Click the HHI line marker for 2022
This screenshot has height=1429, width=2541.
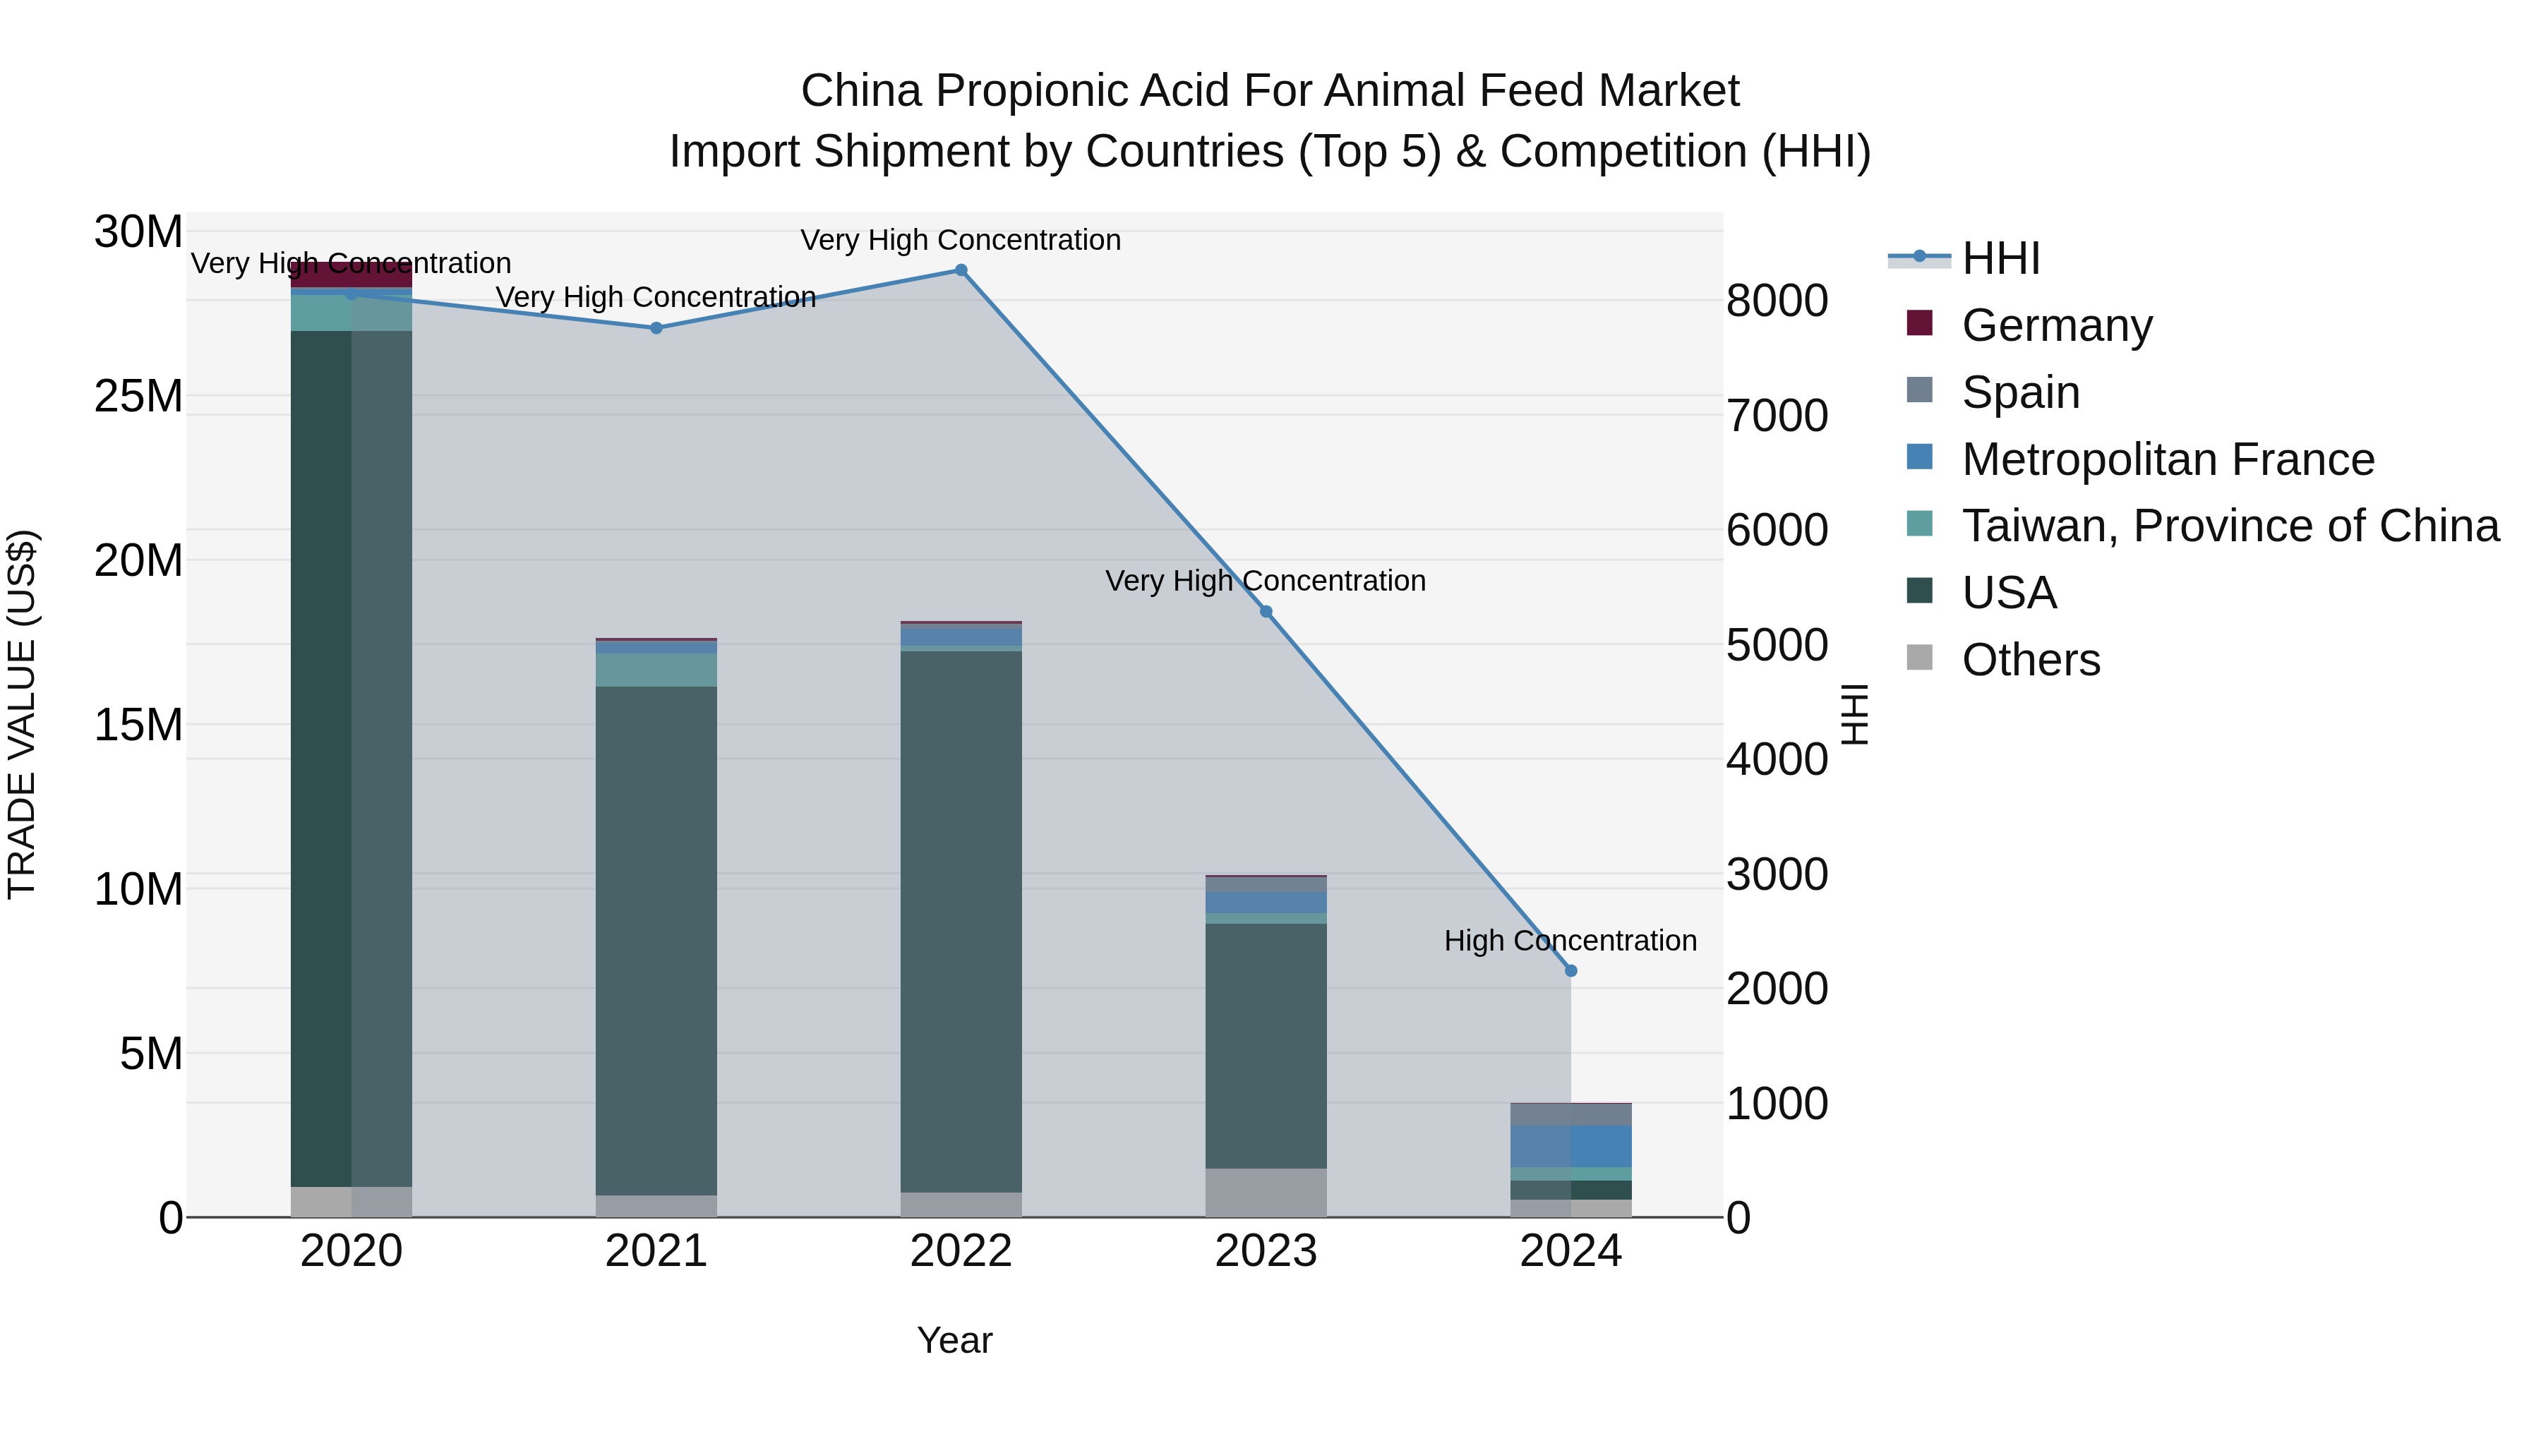[x=961, y=270]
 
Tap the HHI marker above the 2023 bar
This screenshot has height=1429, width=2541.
[x=1266, y=611]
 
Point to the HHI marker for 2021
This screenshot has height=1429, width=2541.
[x=656, y=328]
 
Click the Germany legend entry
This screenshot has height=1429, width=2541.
[x=2057, y=325]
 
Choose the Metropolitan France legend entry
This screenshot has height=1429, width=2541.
[x=2168, y=459]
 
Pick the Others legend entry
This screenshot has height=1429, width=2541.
[x=2031, y=660]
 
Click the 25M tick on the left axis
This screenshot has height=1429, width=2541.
[x=138, y=397]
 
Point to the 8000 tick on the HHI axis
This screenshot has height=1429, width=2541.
[x=1777, y=301]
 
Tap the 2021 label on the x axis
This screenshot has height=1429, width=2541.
[x=656, y=1251]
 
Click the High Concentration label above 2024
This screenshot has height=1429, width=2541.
[x=1570, y=941]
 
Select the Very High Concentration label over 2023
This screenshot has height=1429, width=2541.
[x=1266, y=581]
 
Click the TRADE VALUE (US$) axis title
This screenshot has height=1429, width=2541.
[x=22, y=714]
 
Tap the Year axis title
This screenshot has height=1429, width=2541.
[x=954, y=1340]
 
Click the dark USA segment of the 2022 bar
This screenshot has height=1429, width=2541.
[x=961, y=917]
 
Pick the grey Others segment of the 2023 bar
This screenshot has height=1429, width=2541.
[x=1266, y=1193]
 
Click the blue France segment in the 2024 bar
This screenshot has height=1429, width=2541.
[x=1571, y=1146]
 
